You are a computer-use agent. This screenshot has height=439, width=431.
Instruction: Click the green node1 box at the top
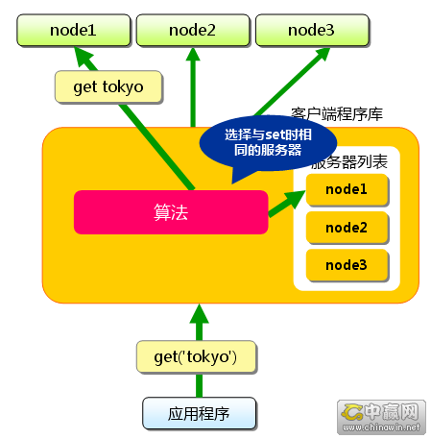click(x=74, y=30)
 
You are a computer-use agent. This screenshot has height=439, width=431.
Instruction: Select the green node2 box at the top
click(x=193, y=30)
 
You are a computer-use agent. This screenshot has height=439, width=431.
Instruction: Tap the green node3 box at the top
click(x=312, y=30)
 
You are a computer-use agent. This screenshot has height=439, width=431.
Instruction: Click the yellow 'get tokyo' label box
click(x=108, y=87)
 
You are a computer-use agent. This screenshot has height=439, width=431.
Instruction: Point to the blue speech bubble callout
click(x=268, y=143)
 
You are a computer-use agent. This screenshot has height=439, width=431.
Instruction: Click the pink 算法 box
click(x=171, y=212)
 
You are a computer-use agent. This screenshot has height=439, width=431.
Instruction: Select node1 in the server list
click(x=347, y=189)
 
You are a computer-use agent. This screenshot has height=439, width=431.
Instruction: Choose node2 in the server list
click(x=347, y=228)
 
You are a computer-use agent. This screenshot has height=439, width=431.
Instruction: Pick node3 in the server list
click(x=347, y=265)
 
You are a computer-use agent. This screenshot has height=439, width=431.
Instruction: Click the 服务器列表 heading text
click(x=349, y=162)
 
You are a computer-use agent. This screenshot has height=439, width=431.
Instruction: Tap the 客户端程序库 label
click(x=337, y=114)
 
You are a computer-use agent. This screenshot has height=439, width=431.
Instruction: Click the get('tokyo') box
click(x=196, y=357)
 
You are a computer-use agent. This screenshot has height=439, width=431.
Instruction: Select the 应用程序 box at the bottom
click(x=199, y=414)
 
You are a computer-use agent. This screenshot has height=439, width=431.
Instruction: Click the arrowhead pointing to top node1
click(x=84, y=56)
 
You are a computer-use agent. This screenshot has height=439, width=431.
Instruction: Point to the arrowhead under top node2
click(x=193, y=54)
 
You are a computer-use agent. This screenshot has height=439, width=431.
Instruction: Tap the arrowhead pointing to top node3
click(x=322, y=54)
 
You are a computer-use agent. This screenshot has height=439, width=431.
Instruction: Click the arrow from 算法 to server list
click(x=287, y=203)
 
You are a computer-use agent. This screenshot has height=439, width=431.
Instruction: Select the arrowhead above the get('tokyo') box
click(x=199, y=313)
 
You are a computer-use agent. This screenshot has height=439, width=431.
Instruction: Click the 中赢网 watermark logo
click(x=381, y=411)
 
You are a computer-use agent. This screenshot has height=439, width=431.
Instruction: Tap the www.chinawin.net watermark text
click(x=381, y=427)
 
